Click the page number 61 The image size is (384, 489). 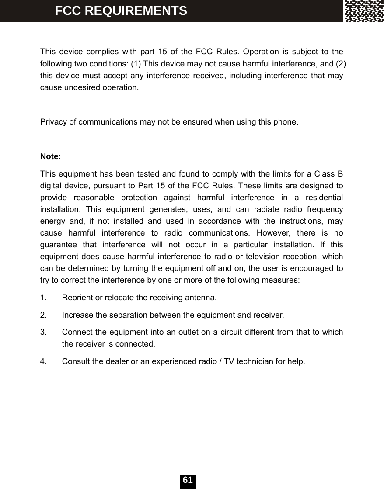[188, 480]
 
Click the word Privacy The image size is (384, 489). [52, 121]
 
